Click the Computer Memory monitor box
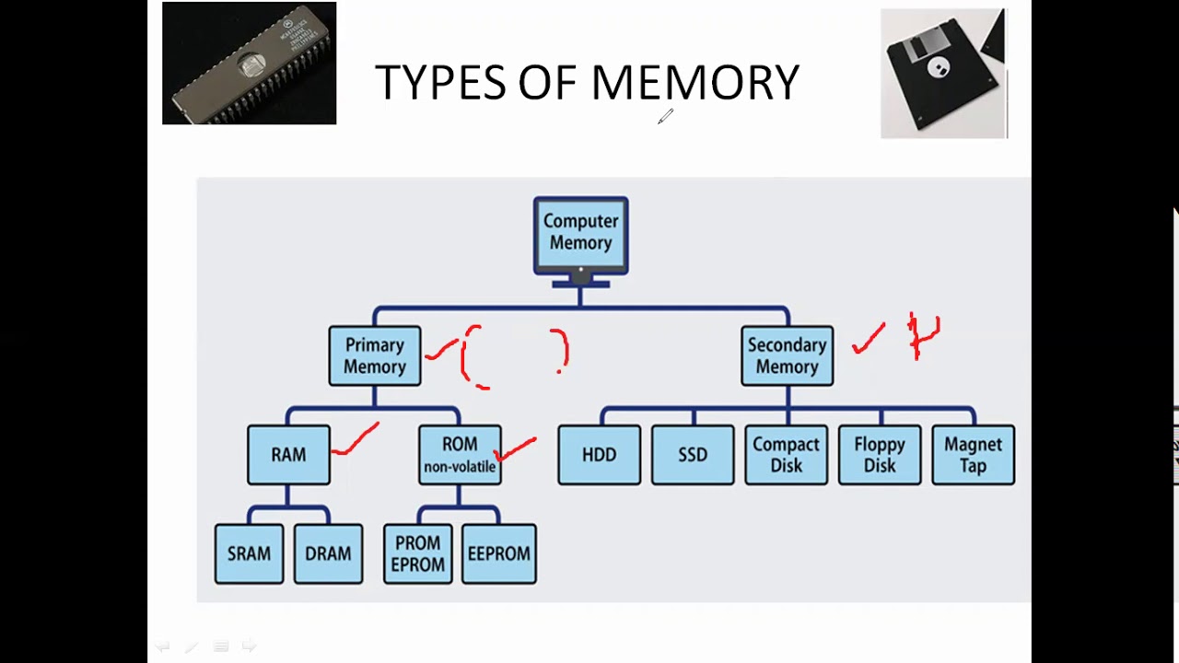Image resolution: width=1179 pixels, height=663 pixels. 580,233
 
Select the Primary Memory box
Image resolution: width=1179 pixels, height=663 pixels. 374,355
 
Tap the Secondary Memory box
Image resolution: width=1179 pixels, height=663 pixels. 787,355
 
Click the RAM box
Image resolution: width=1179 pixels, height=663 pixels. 288,454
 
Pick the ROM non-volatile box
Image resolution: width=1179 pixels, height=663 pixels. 460,454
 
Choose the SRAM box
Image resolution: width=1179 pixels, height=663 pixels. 249,553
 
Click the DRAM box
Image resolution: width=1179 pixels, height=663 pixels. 328,553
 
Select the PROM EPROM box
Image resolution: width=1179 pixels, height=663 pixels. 417,553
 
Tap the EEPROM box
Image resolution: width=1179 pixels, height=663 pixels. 498,553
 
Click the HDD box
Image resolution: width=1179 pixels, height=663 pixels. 599,454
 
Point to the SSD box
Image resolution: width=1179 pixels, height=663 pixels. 693,454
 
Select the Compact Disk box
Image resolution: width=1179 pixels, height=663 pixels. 786,454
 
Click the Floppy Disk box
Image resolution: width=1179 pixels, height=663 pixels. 879,454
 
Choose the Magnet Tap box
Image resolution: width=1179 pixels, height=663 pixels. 973,454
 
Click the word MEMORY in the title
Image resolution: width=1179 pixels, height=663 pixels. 695,83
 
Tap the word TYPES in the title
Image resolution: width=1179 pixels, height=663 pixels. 440,83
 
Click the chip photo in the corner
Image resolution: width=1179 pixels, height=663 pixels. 249,64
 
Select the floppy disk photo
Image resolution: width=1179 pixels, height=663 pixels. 943,74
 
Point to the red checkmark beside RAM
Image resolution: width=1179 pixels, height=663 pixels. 356,440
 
